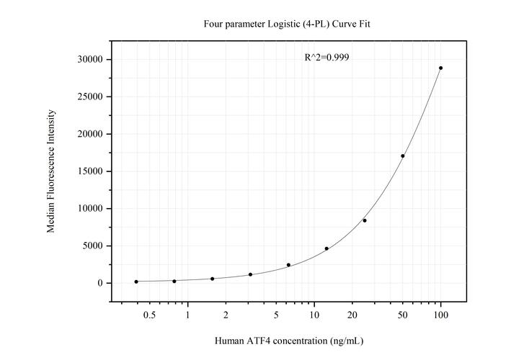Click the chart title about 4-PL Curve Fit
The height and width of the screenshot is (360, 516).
click(x=287, y=24)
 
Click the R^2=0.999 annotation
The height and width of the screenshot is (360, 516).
click(x=327, y=57)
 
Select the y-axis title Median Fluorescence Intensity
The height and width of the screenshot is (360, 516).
click(x=51, y=171)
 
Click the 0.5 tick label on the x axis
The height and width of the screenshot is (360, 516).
click(x=149, y=315)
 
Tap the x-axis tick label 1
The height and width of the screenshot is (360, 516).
click(x=188, y=315)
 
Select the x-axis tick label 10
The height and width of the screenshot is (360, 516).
click(x=314, y=315)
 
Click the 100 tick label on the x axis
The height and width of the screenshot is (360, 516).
click(x=440, y=315)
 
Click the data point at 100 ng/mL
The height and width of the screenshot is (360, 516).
click(x=440, y=68)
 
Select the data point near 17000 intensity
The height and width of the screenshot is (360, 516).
click(x=403, y=156)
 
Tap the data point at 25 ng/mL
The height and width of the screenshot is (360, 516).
click(x=365, y=220)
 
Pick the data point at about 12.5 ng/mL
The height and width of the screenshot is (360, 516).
click(x=326, y=248)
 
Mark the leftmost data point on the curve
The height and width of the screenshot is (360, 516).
click(x=136, y=282)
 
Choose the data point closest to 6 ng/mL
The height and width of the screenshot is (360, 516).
click(x=288, y=265)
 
